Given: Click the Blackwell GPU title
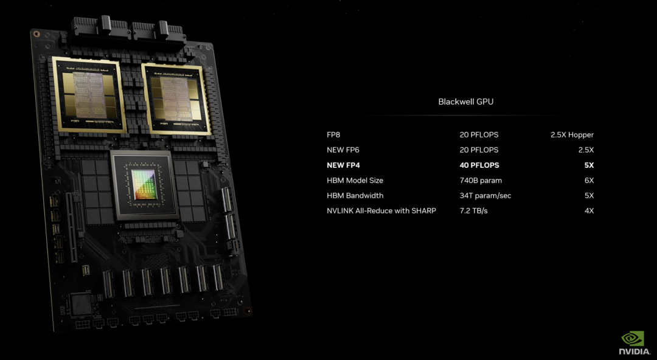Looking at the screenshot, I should pyautogui.click(x=465, y=102).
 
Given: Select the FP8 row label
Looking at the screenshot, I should pyautogui.click(x=334, y=134).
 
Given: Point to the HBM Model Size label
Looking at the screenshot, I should pyautogui.click(x=355, y=180).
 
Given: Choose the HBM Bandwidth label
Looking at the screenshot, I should pyautogui.click(x=355, y=195).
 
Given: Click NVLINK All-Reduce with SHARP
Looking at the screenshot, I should pyautogui.click(x=381, y=210).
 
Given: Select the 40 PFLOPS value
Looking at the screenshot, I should pyautogui.click(x=479, y=165).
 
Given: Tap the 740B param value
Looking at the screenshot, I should pyautogui.click(x=481, y=180).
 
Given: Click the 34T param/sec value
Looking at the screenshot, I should pyautogui.click(x=485, y=195).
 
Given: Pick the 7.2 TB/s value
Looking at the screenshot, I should pyautogui.click(x=474, y=210).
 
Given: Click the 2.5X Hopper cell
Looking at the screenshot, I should pyautogui.click(x=572, y=134).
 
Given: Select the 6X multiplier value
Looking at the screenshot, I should pyautogui.click(x=588, y=180).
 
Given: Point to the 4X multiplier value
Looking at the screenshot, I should pyautogui.click(x=588, y=210).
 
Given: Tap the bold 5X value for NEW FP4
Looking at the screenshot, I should pyautogui.click(x=588, y=165).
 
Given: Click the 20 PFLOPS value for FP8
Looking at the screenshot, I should pyautogui.click(x=479, y=134).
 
